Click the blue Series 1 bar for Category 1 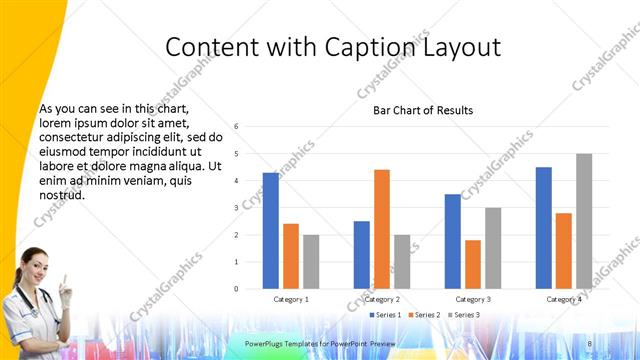tap(270, 231)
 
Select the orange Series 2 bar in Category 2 tap(382, 229)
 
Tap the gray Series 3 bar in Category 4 tap(584, 221)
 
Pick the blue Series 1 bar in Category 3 tap(453, 241)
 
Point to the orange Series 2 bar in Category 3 tap(473, 264)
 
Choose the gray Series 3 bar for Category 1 tap(311, 262)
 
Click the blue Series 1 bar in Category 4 tap(543, 228)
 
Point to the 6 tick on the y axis tap(236, 127)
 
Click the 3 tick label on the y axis tap(236, 208)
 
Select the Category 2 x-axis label tap(382, 299)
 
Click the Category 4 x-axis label tap(564, 299)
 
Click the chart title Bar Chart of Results tap(423, 110)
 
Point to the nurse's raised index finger tap(64, 279)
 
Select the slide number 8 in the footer tap(589, 344)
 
